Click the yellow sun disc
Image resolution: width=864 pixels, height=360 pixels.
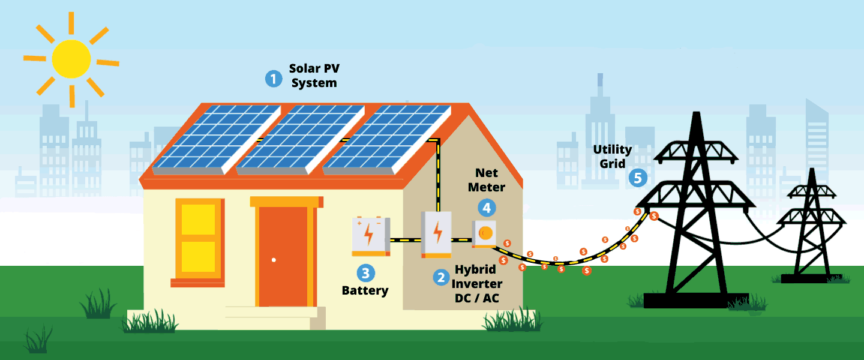[71, 59]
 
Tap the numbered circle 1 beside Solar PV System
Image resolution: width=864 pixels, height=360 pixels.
[274, 79]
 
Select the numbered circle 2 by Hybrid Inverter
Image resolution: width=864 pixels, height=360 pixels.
[441, 277]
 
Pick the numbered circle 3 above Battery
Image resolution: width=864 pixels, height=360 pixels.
[365, 274]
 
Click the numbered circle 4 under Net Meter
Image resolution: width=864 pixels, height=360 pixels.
[487, 208]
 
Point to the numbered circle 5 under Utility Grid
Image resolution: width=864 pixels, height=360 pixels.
[637, 178]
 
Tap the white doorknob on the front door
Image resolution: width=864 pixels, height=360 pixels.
[274, 260]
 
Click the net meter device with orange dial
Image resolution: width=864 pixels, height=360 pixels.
[484, 233]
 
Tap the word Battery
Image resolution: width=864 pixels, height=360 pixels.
[365, 291]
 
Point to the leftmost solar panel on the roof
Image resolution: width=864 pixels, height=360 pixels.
[214, 139]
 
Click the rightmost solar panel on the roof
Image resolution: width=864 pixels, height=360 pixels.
[388, 139]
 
